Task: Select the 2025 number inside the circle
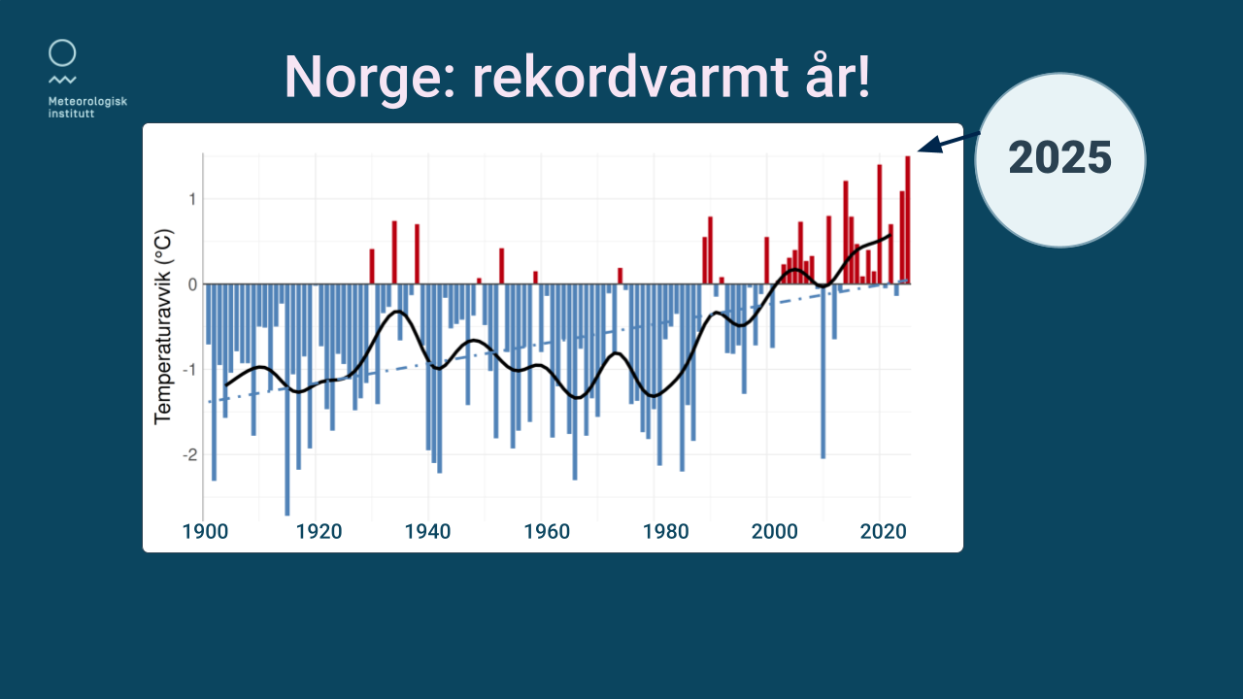point(1059,157)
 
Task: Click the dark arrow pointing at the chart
point(949,142)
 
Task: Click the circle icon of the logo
point(62,52)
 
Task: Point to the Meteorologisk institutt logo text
point(87,107)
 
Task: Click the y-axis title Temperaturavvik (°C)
point(163,327)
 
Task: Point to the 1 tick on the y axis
point(192,199)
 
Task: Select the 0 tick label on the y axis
point(192,284)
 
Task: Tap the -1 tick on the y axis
point(189,370)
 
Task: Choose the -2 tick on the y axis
point(189,455)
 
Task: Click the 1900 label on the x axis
point(205,531)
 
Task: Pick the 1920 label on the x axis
point(319,531)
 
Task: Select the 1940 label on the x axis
point(427,531)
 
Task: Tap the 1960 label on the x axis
point(547,531)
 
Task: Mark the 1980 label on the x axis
point(666,531)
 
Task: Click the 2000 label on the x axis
point(775,531)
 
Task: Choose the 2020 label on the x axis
point(884,531)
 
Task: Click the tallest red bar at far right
point(908,220)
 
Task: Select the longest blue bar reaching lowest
point(286,399)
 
